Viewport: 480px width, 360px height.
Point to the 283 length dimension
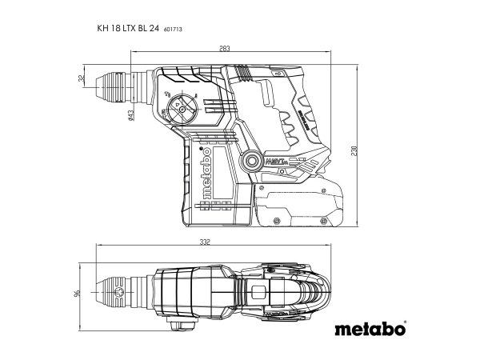(224, 50)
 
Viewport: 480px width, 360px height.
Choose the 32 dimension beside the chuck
(81, 79)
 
